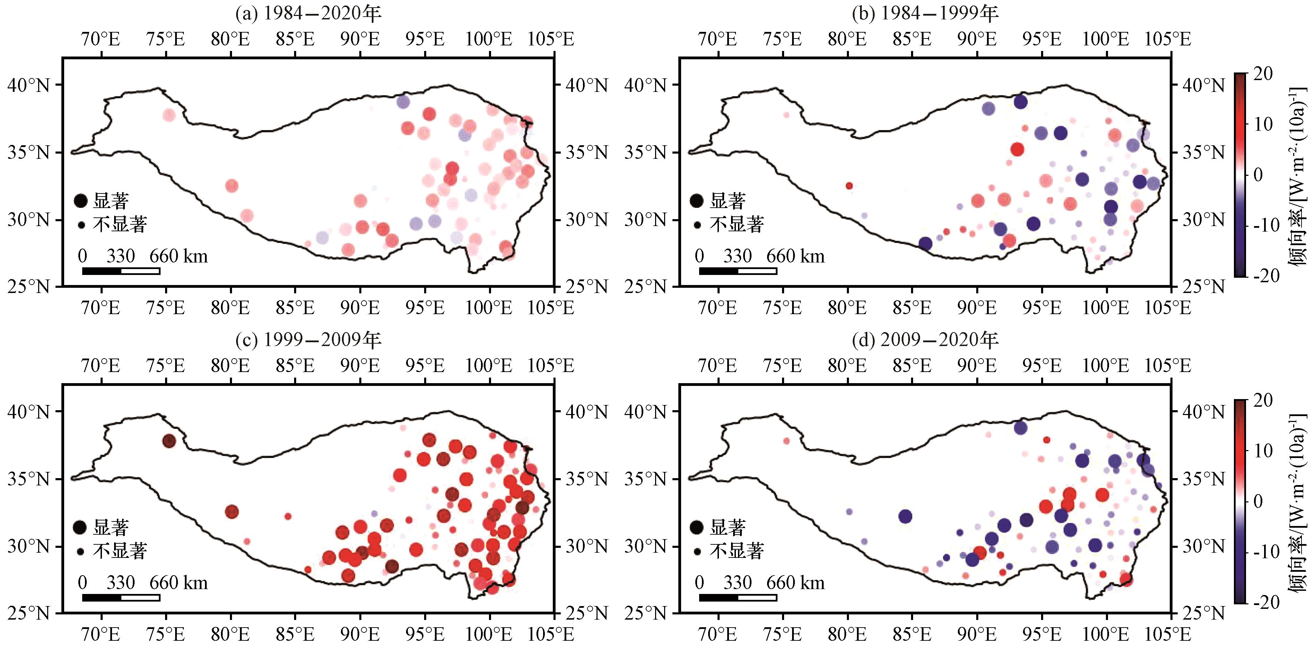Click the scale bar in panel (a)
click(121, 271)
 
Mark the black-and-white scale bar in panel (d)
click(738, 597)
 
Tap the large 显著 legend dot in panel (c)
click(80, 527)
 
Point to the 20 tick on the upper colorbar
click(1262, 74)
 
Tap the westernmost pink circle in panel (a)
click(169, 115)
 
